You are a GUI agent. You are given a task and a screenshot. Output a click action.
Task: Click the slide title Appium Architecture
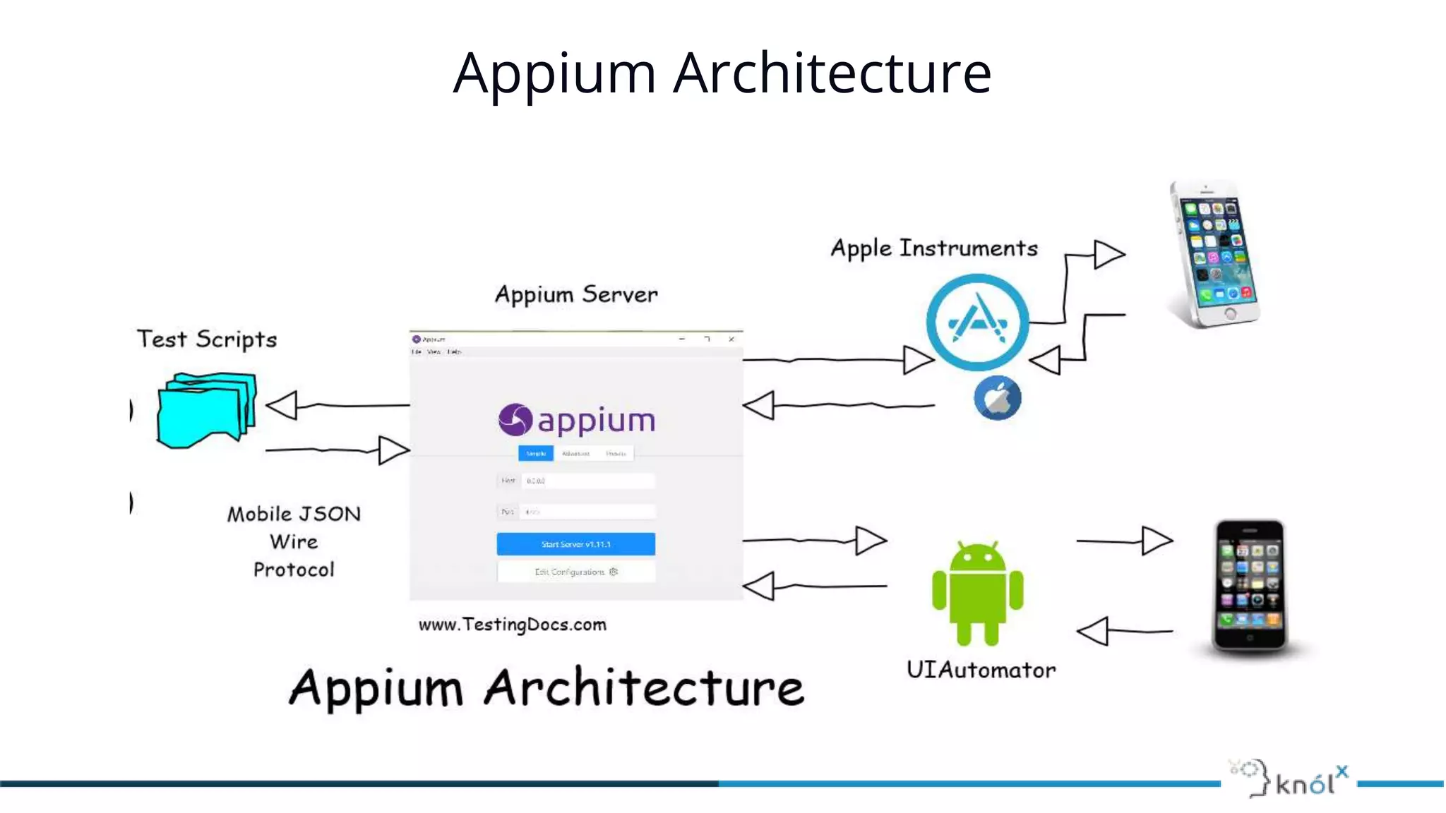pos(722,73)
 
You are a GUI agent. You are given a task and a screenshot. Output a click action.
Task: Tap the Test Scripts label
pos(207,339)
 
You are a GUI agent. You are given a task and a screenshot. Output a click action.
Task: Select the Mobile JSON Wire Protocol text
pos(294,541)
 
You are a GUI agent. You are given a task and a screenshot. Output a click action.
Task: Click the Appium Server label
pos(576,294)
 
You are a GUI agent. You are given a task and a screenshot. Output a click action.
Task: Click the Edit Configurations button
pos(575,572)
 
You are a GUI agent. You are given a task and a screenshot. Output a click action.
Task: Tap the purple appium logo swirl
pos(515,420)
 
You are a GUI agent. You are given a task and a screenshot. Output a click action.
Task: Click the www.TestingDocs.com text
pos(512,625)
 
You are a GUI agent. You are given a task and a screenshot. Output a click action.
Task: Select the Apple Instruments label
pos(933,248)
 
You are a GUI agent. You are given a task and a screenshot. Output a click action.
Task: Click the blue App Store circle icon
pos(977,323)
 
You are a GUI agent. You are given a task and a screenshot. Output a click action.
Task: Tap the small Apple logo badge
pos(997,399)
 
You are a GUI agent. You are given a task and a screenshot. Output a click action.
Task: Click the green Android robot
pos(977,593)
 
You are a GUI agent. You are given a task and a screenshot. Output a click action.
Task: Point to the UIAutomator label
pos(981,670)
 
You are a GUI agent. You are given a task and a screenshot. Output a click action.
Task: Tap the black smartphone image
pos(1249,586)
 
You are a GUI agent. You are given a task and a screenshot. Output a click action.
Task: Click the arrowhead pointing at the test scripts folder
pos(282,406)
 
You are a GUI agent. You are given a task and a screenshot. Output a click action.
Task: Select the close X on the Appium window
pos(731,339)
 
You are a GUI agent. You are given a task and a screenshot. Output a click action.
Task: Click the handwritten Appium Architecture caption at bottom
pos(546,688)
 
